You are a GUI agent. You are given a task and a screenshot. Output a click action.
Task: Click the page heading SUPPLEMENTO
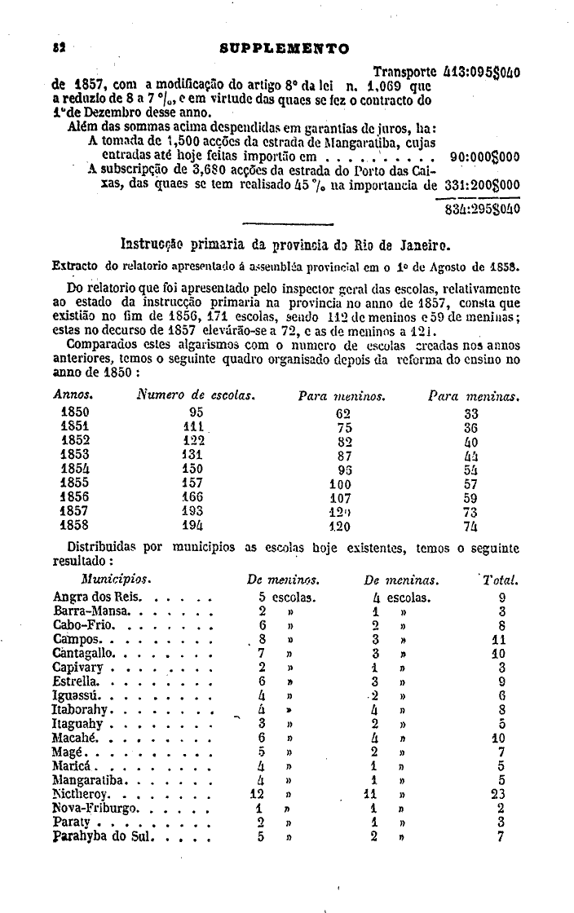point(285,48)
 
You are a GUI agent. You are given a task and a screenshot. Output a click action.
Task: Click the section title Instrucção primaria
point(285,243)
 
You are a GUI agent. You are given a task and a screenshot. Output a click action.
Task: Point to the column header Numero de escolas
point(196,396)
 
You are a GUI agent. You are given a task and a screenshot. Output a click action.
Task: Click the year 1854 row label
point(75,468)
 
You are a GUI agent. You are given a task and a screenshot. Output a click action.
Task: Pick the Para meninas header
point(474,396)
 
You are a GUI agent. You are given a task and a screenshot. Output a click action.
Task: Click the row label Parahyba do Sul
point(104,836)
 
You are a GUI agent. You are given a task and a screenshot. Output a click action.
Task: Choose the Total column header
point(501,580)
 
